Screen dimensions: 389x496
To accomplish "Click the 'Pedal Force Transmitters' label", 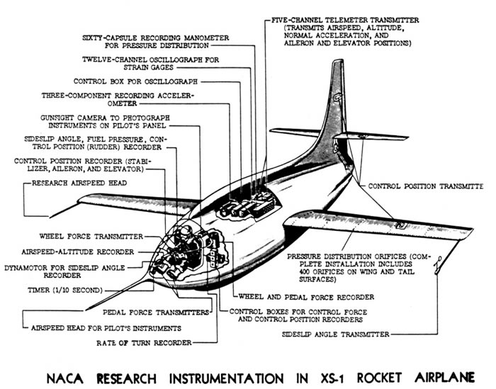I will point(154,311).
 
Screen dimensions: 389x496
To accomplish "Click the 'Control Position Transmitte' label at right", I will point(428,186).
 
